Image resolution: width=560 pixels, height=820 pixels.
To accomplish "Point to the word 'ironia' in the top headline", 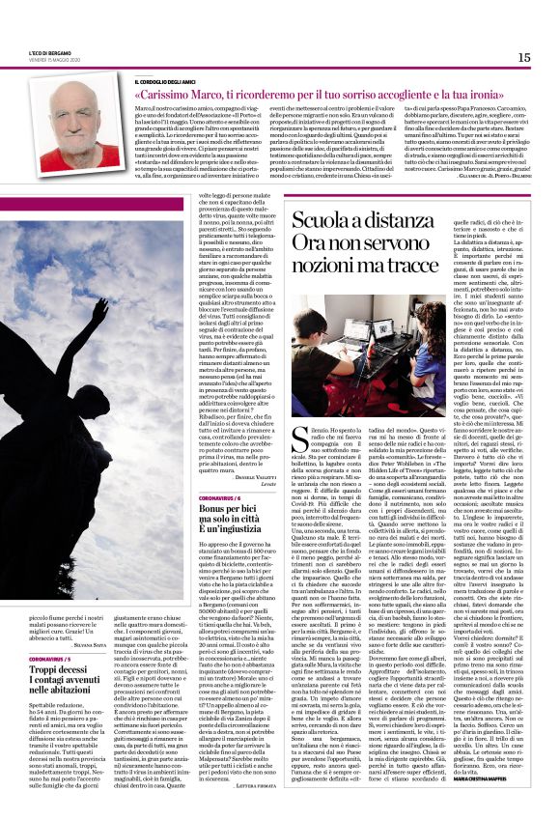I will pyautogui.click(x=510, y=98).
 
